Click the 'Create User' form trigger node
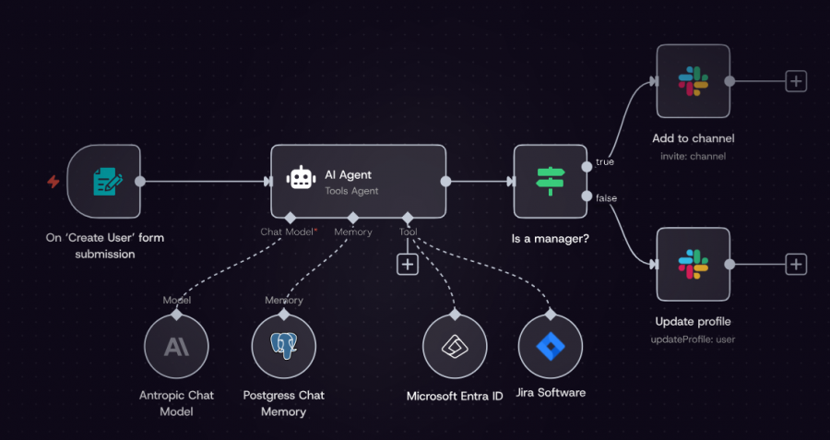[104, 182]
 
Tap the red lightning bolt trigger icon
[53, 182]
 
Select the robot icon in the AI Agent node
[301, 179]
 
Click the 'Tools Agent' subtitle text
[351, 191]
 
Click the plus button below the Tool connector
[408, 264]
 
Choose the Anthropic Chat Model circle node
[176, 347]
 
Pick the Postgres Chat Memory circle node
[284, 347]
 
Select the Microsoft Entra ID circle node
[455, 347]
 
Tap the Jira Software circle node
[551, 347]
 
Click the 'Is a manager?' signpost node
[550, 182]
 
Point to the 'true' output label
[605, 161]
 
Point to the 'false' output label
[607, 197]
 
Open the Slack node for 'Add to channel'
[693, 80]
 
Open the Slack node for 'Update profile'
[693, 264]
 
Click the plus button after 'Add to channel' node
[796, 81]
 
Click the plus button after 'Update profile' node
[796, 265]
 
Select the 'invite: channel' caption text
[693, 156]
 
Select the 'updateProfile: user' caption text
[693, 339]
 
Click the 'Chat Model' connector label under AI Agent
[288, 232]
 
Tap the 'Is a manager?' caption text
[550, 239]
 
